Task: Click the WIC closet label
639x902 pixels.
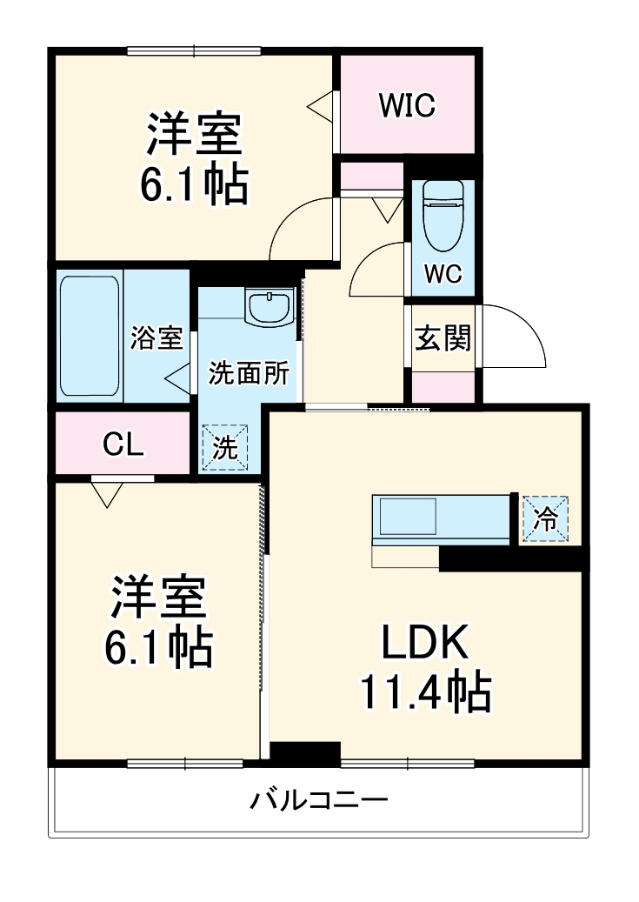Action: [406, 105]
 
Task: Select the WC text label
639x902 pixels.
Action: [443, 273]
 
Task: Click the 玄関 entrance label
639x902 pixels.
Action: [443, 337]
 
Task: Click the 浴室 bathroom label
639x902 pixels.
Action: [156, 337]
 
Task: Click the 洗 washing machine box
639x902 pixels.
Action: [225, 447]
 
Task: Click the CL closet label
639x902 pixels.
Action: [123, 444]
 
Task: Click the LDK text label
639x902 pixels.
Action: [426, 645]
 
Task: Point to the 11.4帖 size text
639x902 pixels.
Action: [426, 693]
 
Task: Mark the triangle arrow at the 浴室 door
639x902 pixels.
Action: [177, 378]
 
